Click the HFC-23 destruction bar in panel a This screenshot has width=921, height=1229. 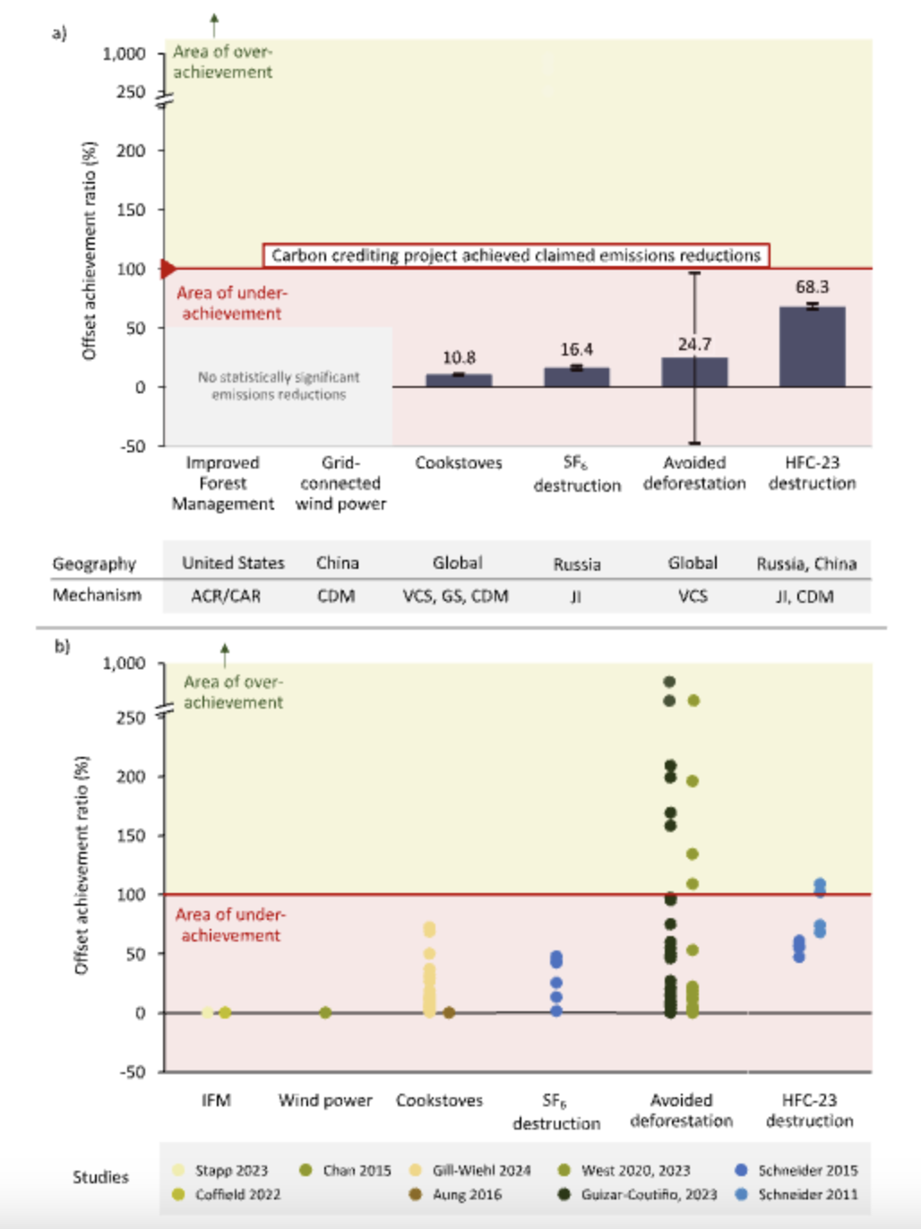point(812,347)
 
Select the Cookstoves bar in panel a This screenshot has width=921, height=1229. point(459,380)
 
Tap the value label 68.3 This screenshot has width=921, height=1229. point(812,287)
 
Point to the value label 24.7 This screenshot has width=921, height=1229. point(694,344)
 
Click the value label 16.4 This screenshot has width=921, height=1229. point(576,349)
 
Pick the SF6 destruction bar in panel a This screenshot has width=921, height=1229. point(576,377)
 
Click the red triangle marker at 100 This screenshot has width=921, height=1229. point(168,268)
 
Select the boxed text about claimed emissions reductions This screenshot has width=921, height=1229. point(515,255)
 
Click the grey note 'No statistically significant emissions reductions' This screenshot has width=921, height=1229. point(279,386)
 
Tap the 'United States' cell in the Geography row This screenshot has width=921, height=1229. point(233,563)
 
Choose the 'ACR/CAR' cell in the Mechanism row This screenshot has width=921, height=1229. point(226,596)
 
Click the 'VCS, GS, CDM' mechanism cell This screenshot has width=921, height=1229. point(455,596)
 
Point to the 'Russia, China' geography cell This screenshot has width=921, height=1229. point(806,563)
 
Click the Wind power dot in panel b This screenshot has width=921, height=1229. point(325,1012)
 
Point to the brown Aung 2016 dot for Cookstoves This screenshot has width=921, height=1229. point(449,1012)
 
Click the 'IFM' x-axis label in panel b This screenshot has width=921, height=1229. point(216,1100)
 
